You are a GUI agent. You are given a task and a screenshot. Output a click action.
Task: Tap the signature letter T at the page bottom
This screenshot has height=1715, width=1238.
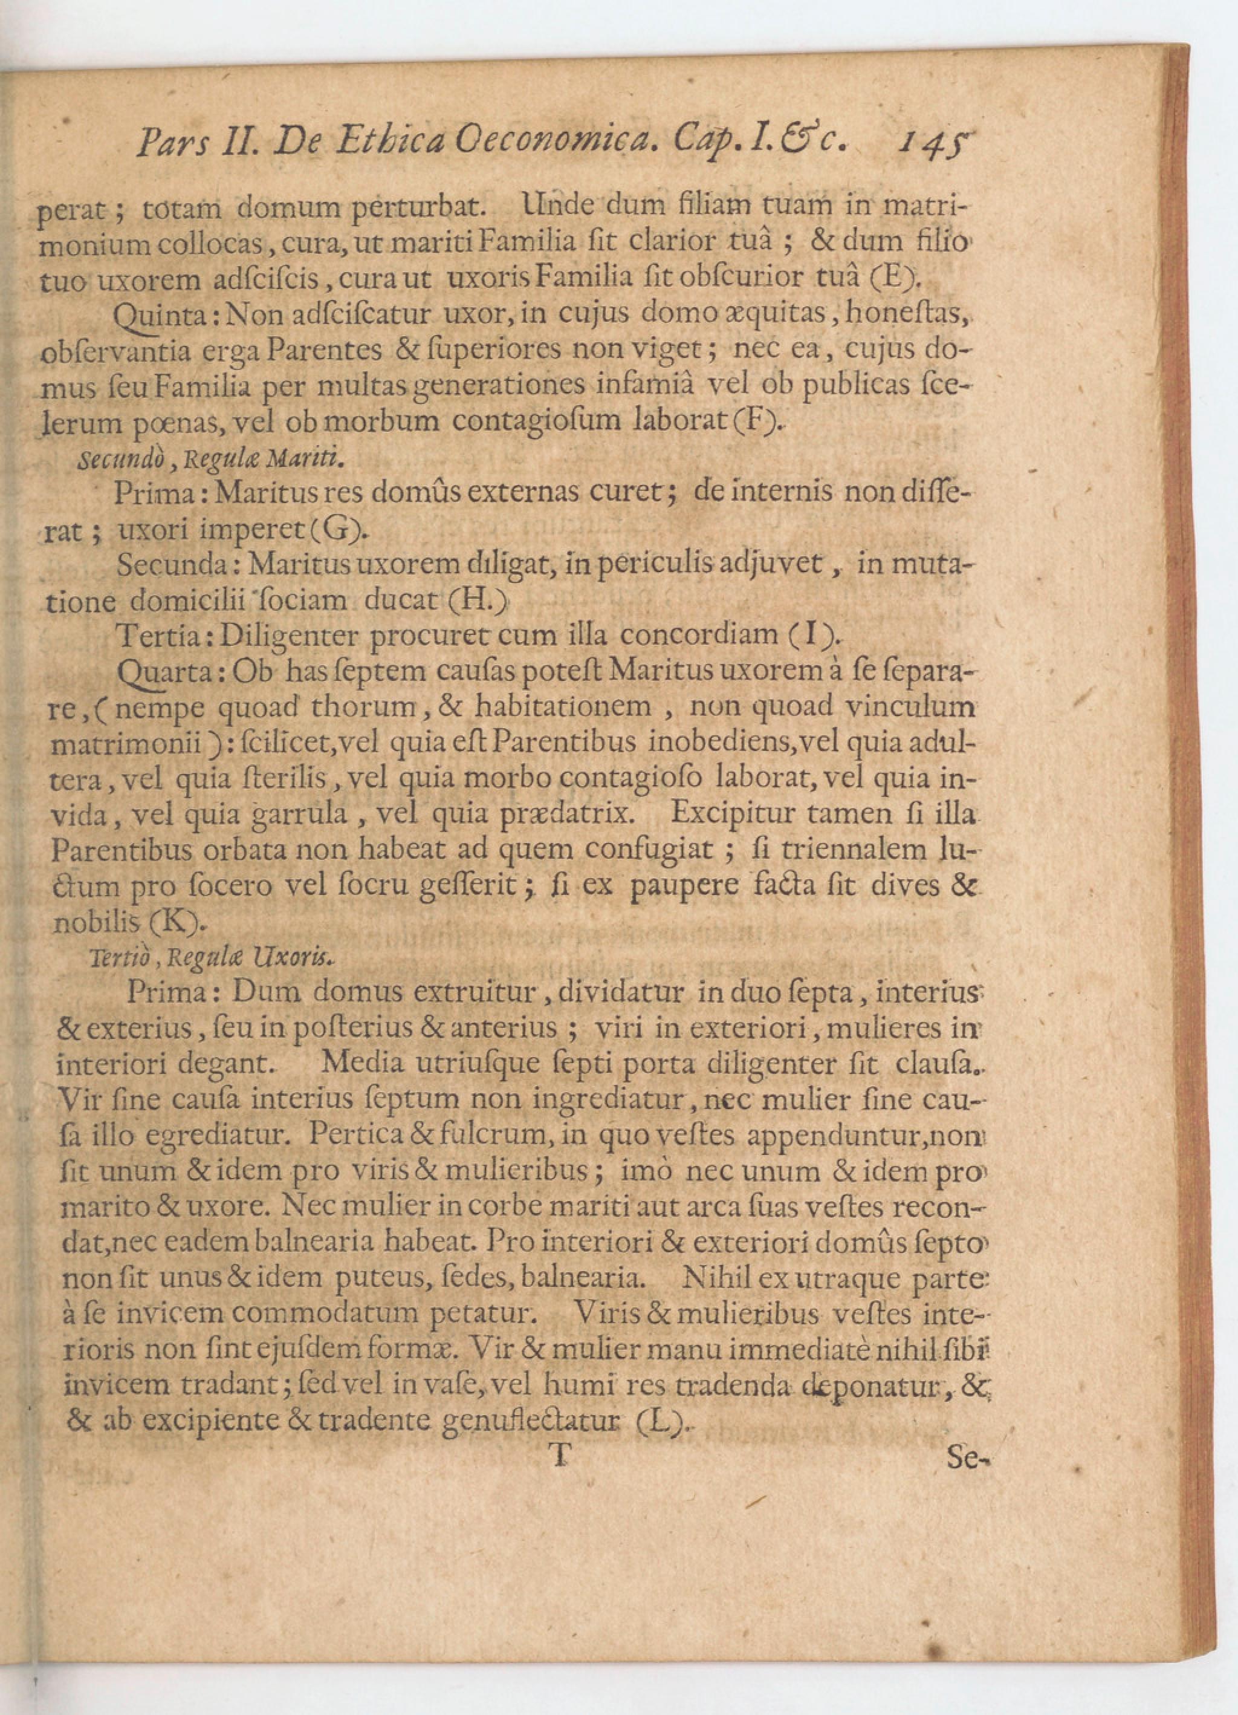pos(559,1456)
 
